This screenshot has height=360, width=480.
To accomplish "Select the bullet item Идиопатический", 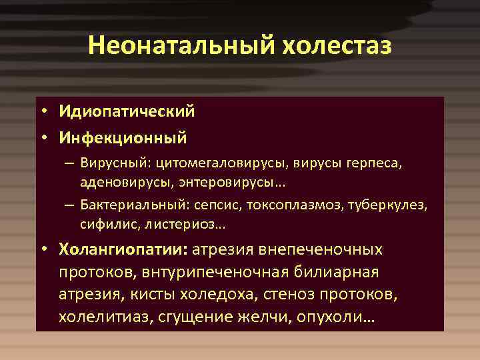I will pyautogui.click(x=126, y=112).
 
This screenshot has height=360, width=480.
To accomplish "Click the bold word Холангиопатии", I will pyautogui.click(x=124, y=249).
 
